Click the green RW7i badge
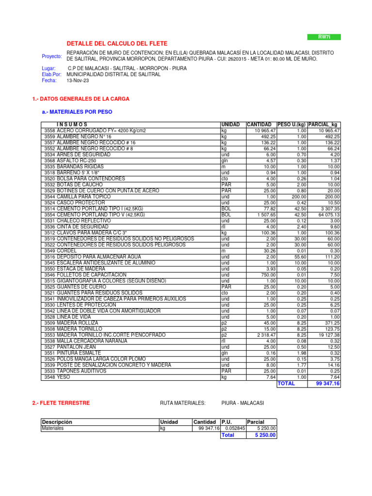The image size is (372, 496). coord(324,37)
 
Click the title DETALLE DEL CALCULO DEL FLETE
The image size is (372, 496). coord(117,44)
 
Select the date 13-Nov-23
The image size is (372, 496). coord(77,80)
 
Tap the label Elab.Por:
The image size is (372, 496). coord(52,75)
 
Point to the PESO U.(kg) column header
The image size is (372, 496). coord(292,124)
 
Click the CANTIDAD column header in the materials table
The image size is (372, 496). coord(259,124)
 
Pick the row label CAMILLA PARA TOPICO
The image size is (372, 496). coord(84,197)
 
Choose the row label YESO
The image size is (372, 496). coord(64,377)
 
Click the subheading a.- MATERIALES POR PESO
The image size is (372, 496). coord(77,112)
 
